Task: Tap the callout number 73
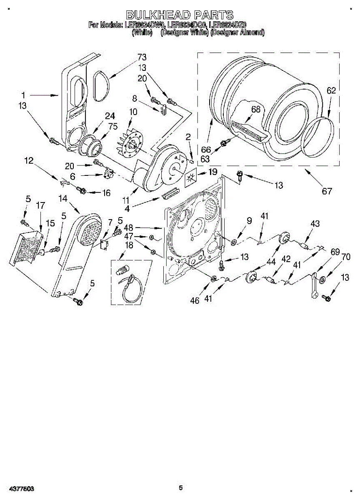pos(142,57)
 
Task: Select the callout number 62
pos(331,90)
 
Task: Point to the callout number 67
pos(327,191)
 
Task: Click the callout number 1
pos(24,95)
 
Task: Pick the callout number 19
pos(212,171)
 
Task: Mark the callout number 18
pos(129,245)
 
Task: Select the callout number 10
pos(133,111)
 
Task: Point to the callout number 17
pos(40,205)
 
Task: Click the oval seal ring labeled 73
pos(100,86)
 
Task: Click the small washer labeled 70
pos(322,279)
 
